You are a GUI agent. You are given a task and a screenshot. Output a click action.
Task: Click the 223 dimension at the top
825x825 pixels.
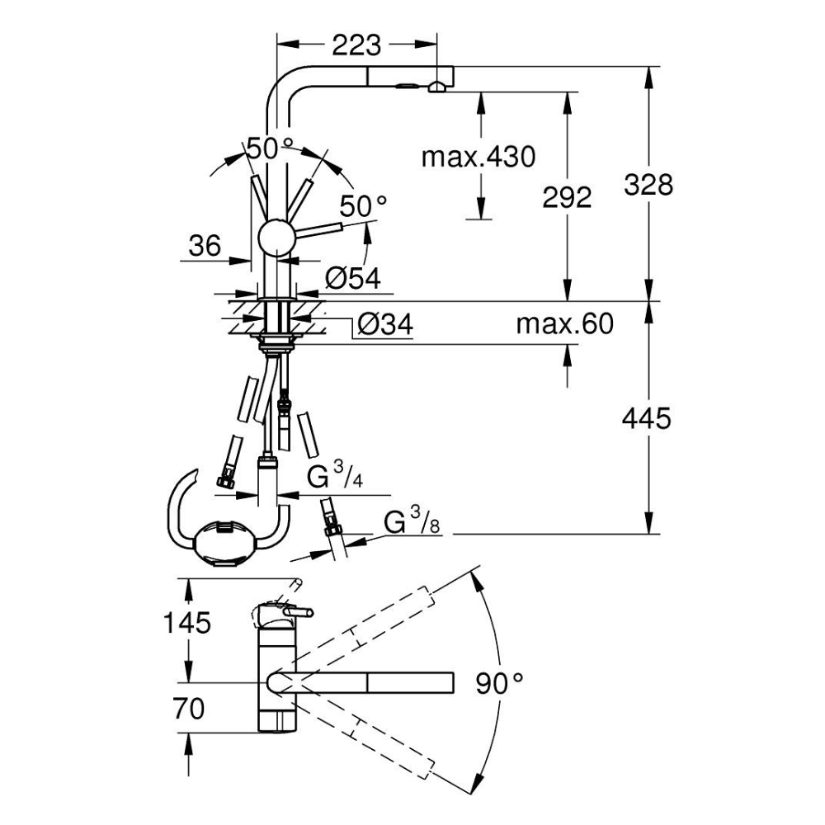coord(357,43)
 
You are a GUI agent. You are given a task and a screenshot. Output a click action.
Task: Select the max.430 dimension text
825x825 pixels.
coord(478,156)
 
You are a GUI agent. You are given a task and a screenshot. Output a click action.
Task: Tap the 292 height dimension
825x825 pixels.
coord(567,197)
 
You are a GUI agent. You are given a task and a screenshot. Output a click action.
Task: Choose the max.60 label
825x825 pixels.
coord(565,324)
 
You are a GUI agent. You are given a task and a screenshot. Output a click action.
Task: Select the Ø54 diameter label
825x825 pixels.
coord(352,279)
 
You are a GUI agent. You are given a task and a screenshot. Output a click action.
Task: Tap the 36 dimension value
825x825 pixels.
coord(205,246)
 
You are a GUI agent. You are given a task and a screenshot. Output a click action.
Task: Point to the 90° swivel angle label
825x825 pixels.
coord(500,682)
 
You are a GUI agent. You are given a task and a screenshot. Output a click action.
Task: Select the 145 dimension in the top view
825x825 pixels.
coord(186,623)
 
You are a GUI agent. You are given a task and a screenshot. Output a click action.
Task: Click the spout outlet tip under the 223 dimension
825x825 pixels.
coord(437,85)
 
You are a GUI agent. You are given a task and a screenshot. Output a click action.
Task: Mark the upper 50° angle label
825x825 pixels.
coord(270,148)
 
